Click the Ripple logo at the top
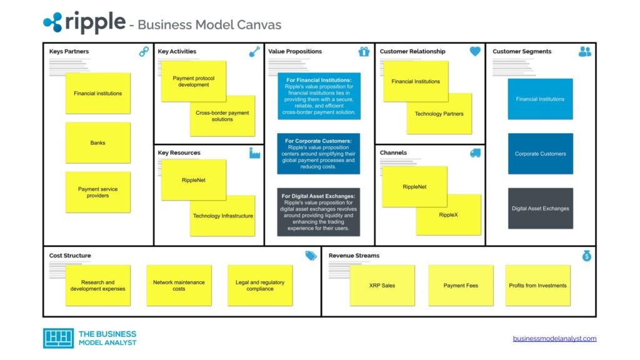click(x=84, y=22)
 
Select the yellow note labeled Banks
click(x=97, y=143)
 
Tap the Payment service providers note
click(x=97, y=192)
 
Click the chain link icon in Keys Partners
click(x=144, y=52)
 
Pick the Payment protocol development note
click(x=193, y=81)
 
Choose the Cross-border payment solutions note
click(x=222, y=116)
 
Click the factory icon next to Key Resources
click(x=254, y=153)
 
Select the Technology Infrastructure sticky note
click(x=222, y=216)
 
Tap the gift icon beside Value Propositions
click(x=364, y=52)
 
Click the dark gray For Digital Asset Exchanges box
click(x=319, y=212)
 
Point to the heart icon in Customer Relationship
click(x=475, y=52)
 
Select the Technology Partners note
click(x=439, y=114)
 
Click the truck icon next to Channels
click(x=475, y=153)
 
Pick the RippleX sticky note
click(x=448, y=215)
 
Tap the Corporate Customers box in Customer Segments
click(x=540, y=154)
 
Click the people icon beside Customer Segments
click(x=584, y=52)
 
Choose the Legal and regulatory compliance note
click(x=259, y=286)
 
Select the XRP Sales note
click(x=382, y=286)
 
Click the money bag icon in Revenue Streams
click(x=586, y=256)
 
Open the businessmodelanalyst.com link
click(x=554, y=339)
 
